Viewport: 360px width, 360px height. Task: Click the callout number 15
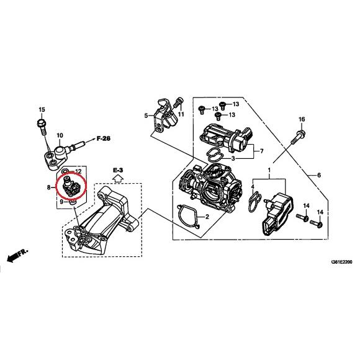point(42,110)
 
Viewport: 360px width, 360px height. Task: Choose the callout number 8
point(48,186)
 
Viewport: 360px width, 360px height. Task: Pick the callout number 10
point(60,135)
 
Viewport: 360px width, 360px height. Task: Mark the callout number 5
point(146,115)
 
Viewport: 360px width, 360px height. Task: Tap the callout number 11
point(181,115)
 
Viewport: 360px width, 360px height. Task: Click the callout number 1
point(269,170)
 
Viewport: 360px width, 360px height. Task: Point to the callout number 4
point(253,186)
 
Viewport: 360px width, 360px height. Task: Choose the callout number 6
point(319,176)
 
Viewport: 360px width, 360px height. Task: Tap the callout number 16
point(302,119)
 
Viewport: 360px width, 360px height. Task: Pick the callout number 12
point(78,171)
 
